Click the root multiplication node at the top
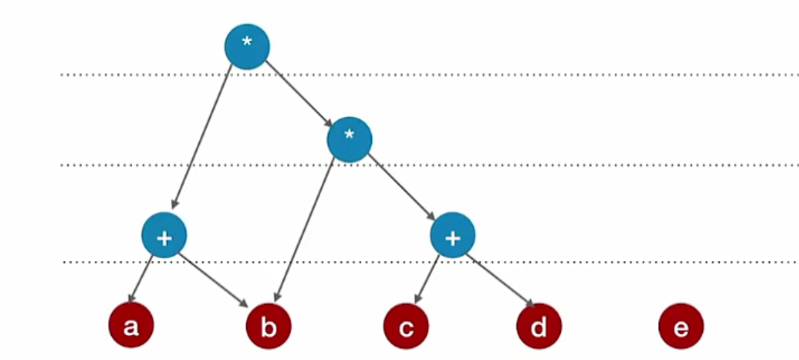[x=247, y=47]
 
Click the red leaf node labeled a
[x=131, y=326]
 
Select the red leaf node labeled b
[x=268, y=326]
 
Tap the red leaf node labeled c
[x=406, y=326]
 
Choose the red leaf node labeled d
[x=539, y=326]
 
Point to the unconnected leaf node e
[x=680, y=326]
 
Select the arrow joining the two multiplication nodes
[x=298, y=92]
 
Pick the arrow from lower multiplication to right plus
[x=402, y=189]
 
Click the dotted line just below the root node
[x=522, y=75]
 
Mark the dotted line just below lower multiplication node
[x=559, y=165]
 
